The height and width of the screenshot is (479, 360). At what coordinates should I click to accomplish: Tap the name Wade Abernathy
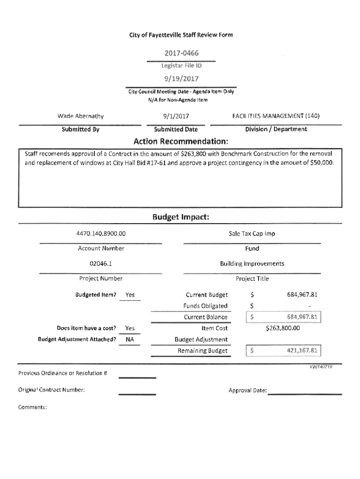tap(80, 116)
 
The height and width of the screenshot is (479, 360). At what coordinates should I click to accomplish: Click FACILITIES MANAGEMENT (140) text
tap(276, 116)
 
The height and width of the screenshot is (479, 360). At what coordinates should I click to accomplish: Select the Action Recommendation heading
tap(180, 141)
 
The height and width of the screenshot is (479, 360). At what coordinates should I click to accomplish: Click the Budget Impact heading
tap(180, 218)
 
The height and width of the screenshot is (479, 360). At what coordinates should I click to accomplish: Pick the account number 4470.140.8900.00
tap(101, 233)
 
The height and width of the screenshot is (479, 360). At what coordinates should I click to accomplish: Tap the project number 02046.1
tap(101, 263)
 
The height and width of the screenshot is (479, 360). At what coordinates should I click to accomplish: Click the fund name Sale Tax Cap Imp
tap(252, 233)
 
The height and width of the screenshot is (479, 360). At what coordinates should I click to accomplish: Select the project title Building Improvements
tap(252, 263)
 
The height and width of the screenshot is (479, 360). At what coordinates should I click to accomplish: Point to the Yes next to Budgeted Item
tap(130, 295)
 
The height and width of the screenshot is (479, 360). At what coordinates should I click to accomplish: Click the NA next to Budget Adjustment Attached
tap(130, 340)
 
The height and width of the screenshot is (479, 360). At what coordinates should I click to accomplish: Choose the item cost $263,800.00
tap(282, 328)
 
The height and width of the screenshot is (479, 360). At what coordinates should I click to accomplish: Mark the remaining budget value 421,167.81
tap(302, 351)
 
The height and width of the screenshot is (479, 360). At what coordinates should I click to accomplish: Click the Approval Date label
tap(247, 390)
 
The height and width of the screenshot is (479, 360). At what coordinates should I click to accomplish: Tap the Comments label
tap(32, 407)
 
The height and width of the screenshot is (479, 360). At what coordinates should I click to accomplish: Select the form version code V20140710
tap(321, 367)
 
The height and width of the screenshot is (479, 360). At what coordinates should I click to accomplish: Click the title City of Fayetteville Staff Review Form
tap(180, 35)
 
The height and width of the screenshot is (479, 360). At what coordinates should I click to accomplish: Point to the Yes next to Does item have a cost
tap(130, 328)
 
